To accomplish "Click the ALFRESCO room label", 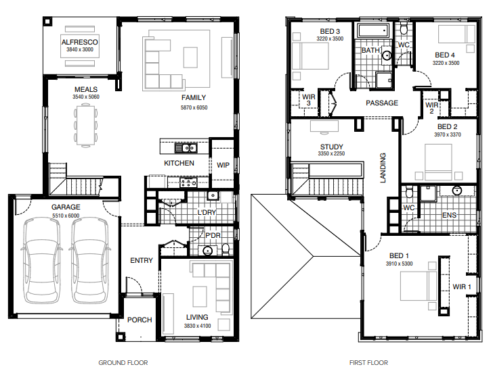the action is coord(79,42).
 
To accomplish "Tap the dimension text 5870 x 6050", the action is coord(194,107).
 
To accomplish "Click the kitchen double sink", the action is coord(186,148).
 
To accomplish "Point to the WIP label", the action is coord(223,165).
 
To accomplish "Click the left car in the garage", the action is coord(42,261).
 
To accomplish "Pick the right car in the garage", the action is coord(90,261).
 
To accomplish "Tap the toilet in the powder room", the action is coord(226,249).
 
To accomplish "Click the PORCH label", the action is coord(140,320).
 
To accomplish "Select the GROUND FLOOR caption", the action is coord(123,363).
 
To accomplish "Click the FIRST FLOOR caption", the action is coord(368,363).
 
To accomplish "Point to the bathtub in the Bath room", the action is coord(373,30).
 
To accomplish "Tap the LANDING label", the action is coord(383,168).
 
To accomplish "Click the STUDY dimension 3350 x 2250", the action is coord(331,153).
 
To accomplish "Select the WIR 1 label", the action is coord(462,287).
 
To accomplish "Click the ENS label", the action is coord(450,215).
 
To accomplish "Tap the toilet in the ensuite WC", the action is coord(409,192).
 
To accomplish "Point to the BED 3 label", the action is coord(330,31).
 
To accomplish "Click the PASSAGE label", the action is coord(382,103).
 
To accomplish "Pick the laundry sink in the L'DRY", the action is coord(213,196).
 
